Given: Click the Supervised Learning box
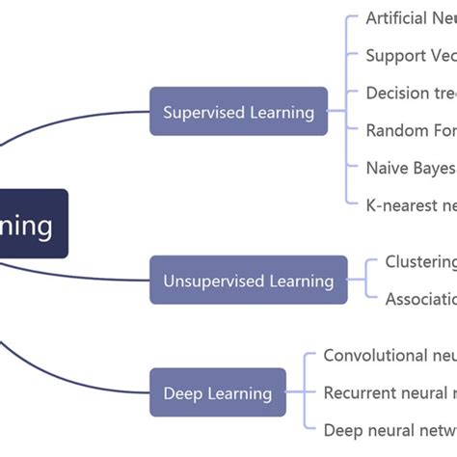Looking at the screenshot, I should coord(238,112).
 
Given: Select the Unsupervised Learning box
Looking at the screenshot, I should coord(248,281).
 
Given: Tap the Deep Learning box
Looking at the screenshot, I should coord(217,392).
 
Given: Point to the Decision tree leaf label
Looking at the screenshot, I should coord(411,94).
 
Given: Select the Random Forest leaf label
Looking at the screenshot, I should coord(411,130).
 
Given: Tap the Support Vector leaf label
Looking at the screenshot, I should coord(411,56).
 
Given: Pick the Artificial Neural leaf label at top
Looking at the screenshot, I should coord(411,18).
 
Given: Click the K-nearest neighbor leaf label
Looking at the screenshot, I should coord(411,204).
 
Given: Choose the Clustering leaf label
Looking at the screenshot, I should coord(420,261).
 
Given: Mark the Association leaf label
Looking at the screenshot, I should coord(420,299).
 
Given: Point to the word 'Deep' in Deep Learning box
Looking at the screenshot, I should coord(182,392).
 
